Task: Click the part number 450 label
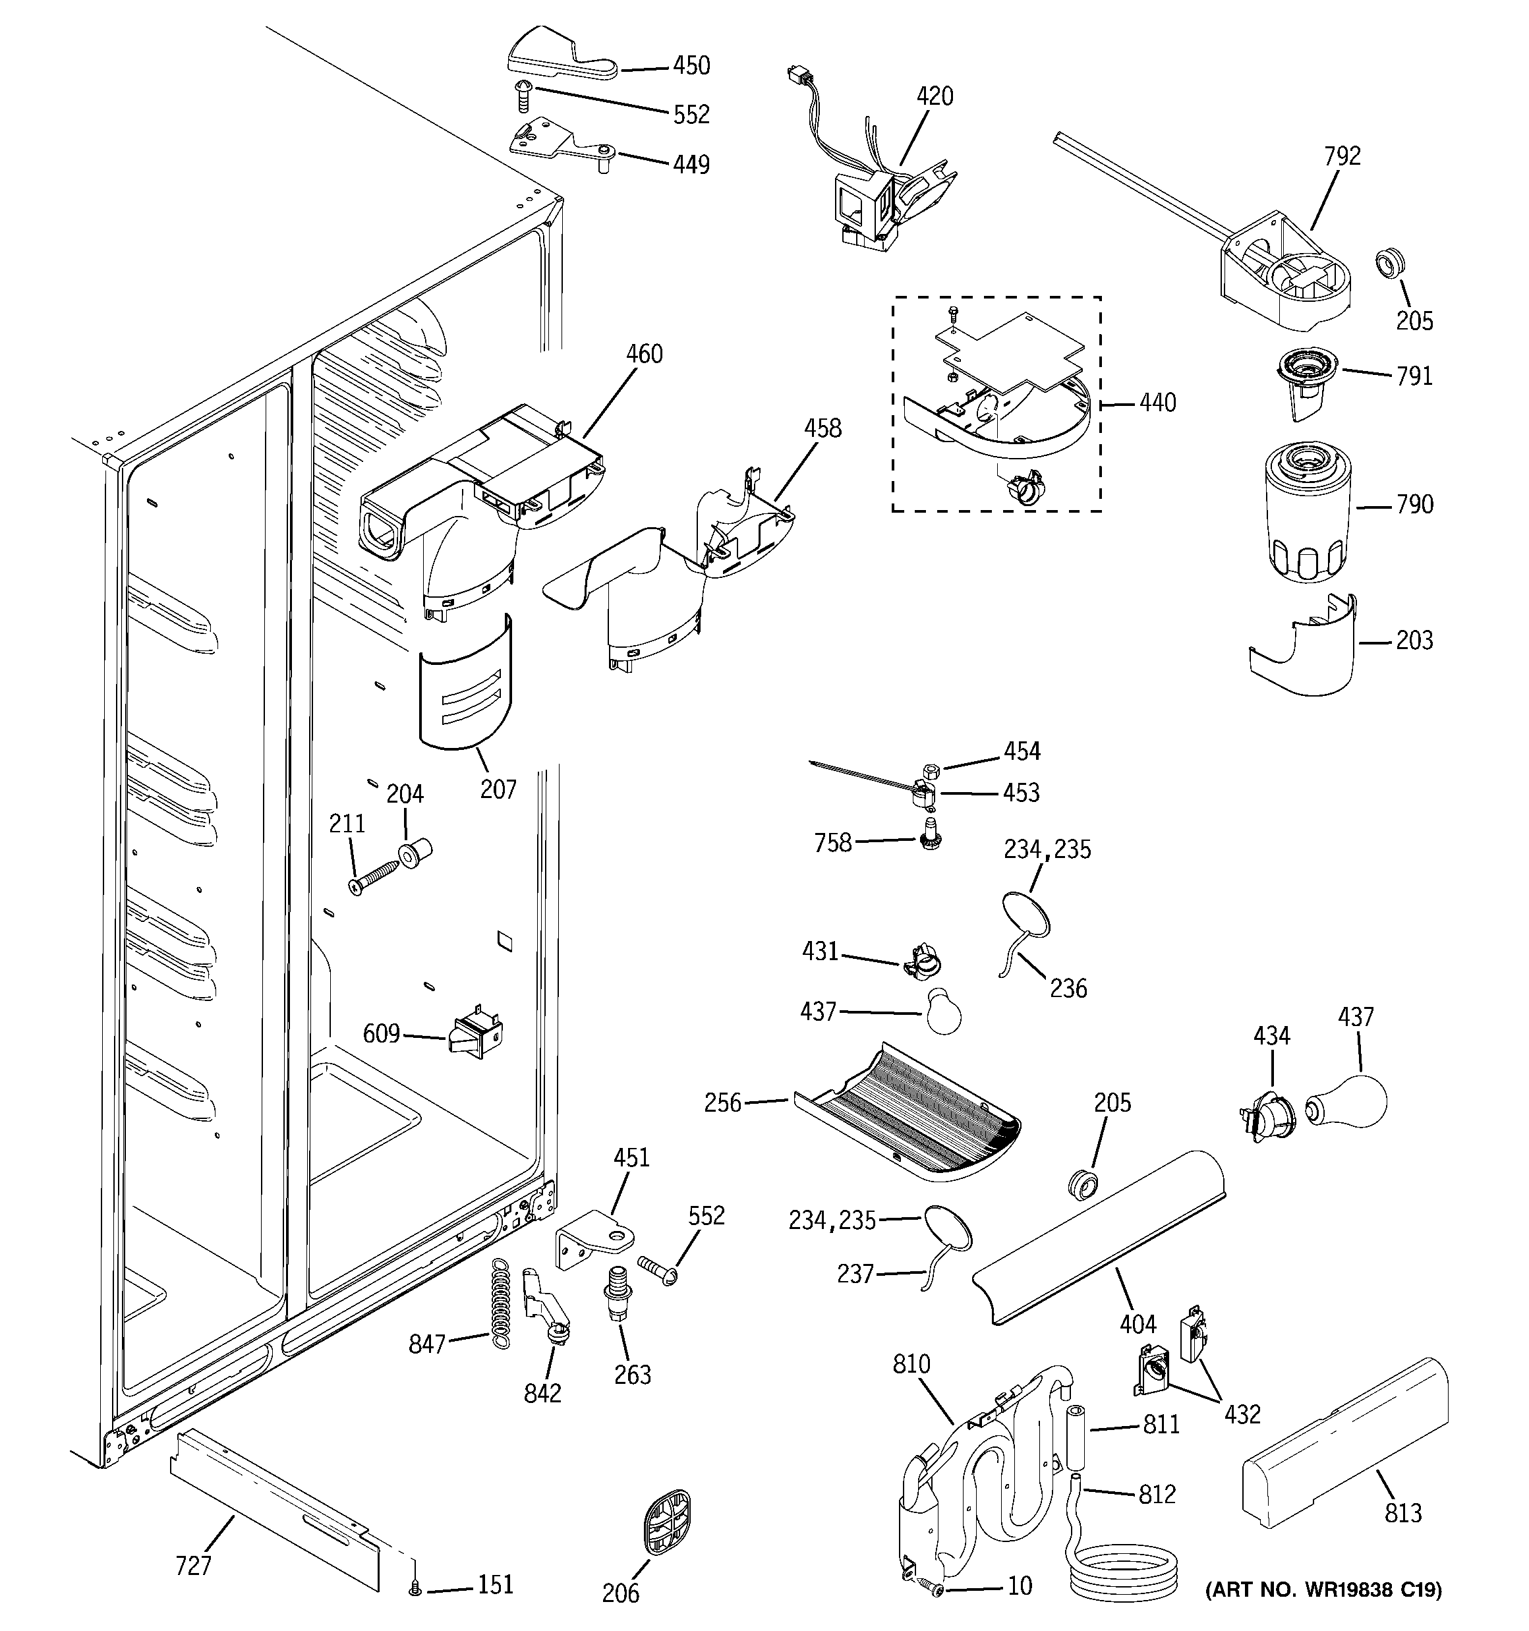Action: (x=691, y=66)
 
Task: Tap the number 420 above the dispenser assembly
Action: (x=935, y=97)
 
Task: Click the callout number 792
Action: (x=1342, y=156)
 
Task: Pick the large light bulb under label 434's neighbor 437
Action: (x=1348, y=1102)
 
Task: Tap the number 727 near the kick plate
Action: (x=194, y=1565)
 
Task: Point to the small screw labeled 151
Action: (x=415, y=1589)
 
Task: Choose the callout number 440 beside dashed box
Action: (x=1157, y=403)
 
